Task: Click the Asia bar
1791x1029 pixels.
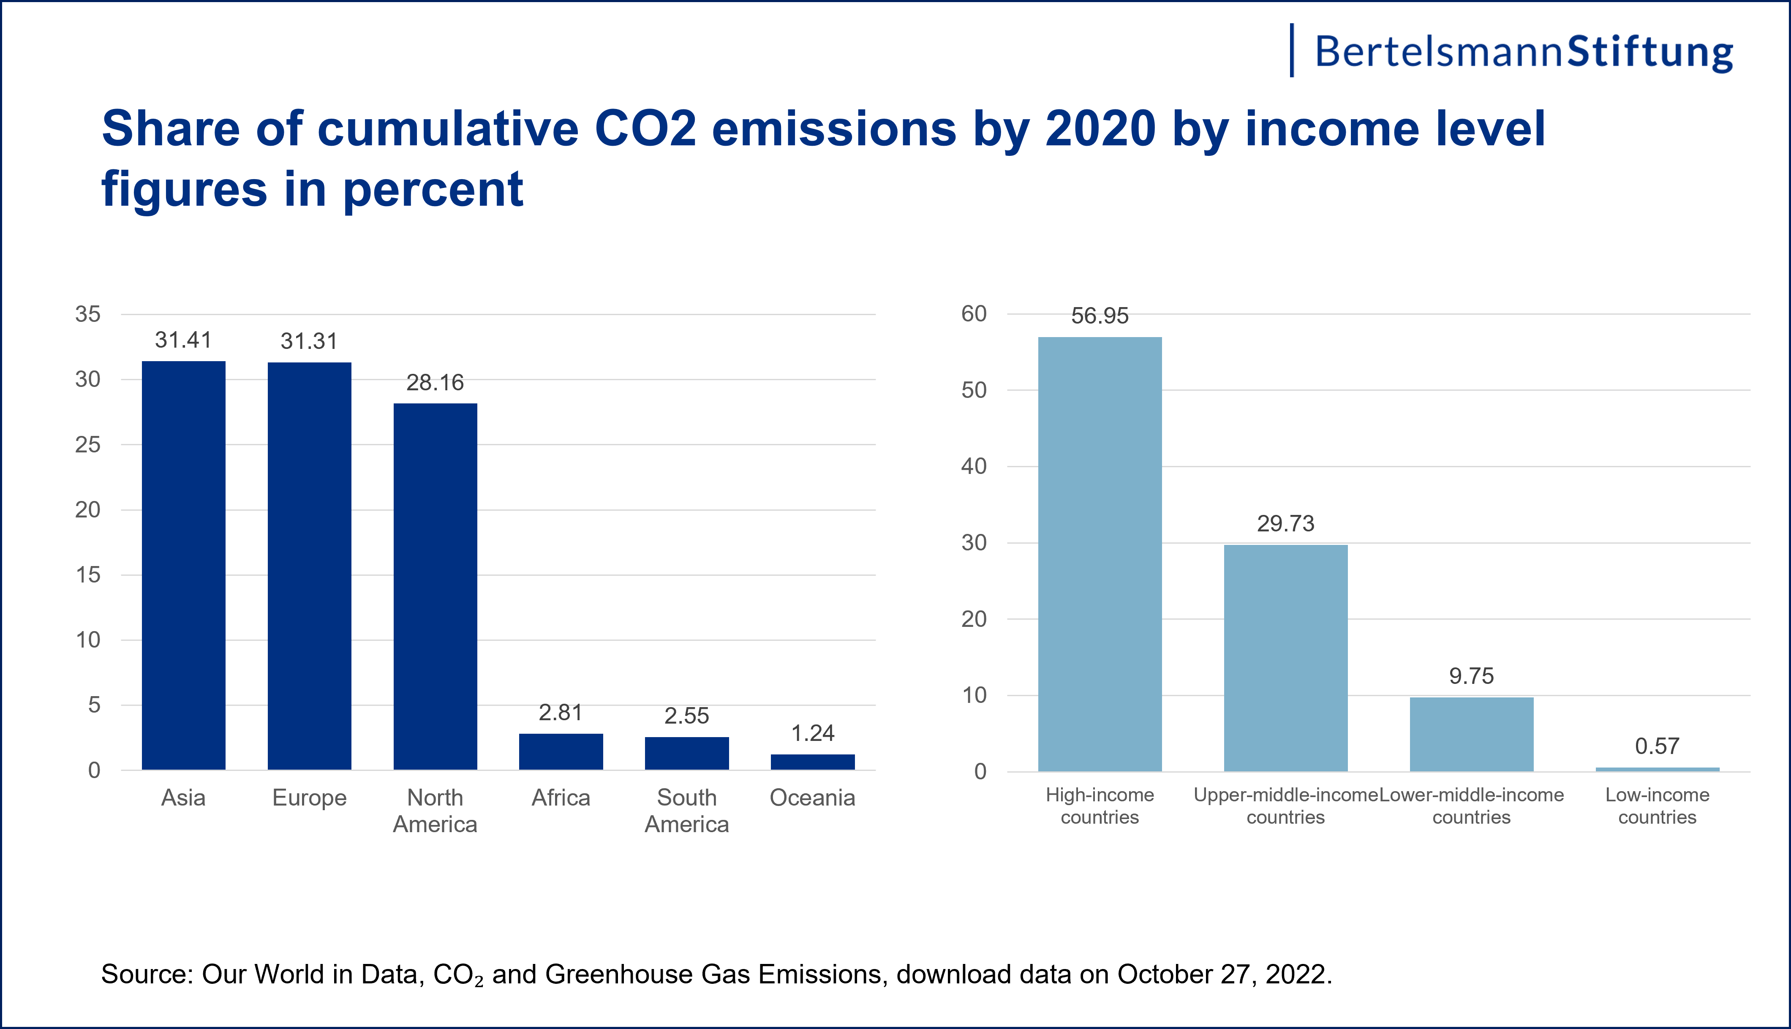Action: (x=184, y=565)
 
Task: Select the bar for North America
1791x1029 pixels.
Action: (x=435, y=587)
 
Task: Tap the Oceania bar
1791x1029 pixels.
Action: (x=812, y=762)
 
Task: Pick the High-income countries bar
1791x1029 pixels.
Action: (x=1100, y=554)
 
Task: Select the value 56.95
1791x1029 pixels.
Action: (x=1100, y=316)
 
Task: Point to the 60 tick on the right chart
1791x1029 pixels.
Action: (x=974, y=314)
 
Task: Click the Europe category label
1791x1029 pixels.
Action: (x=310, y=798)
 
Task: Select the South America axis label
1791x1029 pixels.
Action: (x=687, y=811)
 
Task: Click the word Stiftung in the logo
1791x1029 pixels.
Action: (x=1649, y=52)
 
